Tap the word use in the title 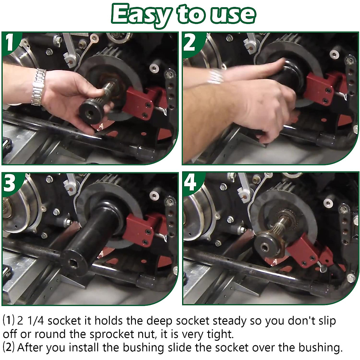[232, 15]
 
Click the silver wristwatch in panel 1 [38, 87]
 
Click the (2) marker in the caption [9, 348]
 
